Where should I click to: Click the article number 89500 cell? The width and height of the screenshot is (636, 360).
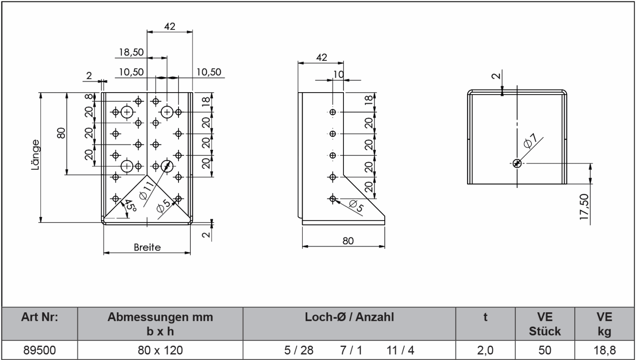[x=40, y=350]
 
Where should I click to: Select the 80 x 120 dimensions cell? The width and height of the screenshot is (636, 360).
[x=160, y=350]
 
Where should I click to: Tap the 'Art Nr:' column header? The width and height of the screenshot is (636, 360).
[x=40, y=317]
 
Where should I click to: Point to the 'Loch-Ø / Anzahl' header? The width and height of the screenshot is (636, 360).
[x=349, y=317]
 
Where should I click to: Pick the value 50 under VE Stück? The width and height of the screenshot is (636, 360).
[x=545, y=350]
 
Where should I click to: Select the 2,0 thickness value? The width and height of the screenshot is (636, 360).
[x=485, y=350]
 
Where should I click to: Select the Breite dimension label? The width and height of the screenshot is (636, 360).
[x=147, y=247]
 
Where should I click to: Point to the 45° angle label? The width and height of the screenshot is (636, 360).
[x=130, y=207]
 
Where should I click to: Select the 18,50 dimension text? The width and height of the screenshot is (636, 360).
[x=131, y=52]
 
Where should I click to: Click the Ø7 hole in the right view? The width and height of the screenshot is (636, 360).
[x=517, y=163]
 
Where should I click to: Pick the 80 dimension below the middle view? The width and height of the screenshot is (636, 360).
[x=348, y=241]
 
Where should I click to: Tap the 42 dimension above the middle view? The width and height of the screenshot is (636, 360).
[x=321, y=58]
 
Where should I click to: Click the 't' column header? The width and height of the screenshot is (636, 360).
[x=485, y=317]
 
